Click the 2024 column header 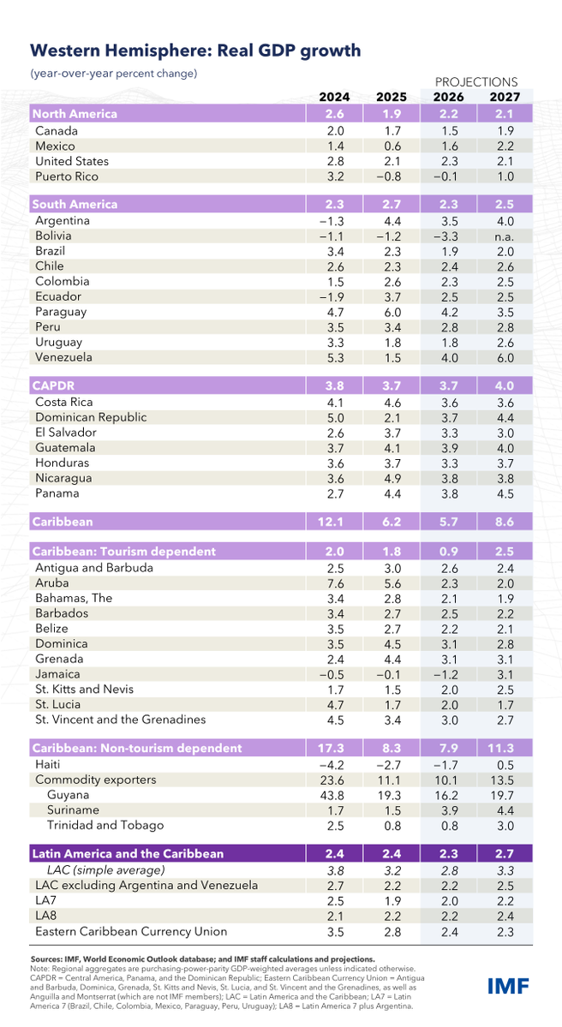332,97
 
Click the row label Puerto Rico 67,176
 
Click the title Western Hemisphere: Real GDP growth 195,51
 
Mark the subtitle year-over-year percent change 115,74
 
